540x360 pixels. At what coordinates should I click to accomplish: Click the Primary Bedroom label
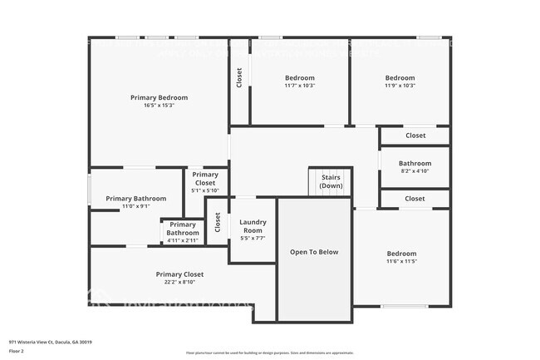tap(160, 97)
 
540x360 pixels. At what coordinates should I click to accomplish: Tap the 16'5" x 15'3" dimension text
tap(160, 106)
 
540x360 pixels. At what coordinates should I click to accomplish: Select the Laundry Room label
tap(253, 225)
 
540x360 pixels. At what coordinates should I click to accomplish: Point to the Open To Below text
tap(314, 252)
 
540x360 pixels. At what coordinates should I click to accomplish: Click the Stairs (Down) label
tap(331, 181)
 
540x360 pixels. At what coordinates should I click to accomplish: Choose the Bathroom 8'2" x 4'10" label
tap(415, 164)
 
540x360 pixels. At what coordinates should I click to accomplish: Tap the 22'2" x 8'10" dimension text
tap(179, 283)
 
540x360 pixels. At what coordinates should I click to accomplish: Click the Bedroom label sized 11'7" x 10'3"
tap(299, 77)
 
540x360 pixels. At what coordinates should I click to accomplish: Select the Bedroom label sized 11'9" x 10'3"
tap(400, 77)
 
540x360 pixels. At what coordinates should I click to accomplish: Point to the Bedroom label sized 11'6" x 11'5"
tap(401, 254)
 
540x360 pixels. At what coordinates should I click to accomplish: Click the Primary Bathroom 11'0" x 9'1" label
tap(136, 199)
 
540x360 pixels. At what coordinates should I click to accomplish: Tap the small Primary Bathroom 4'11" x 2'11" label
tap(183, 229)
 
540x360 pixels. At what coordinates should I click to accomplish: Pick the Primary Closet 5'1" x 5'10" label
tap(205, 179)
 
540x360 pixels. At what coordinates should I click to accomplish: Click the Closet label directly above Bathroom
tap(415, 136)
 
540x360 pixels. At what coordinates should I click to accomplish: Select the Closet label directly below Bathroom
tap(415, 199)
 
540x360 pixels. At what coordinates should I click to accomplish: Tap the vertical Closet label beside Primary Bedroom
tap(239, 77)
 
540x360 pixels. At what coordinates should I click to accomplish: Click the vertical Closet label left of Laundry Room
tap(218, 223)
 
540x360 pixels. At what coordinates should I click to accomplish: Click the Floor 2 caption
tap(17, 351)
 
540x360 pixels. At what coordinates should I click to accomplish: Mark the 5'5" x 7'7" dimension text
tap(253, 239)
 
